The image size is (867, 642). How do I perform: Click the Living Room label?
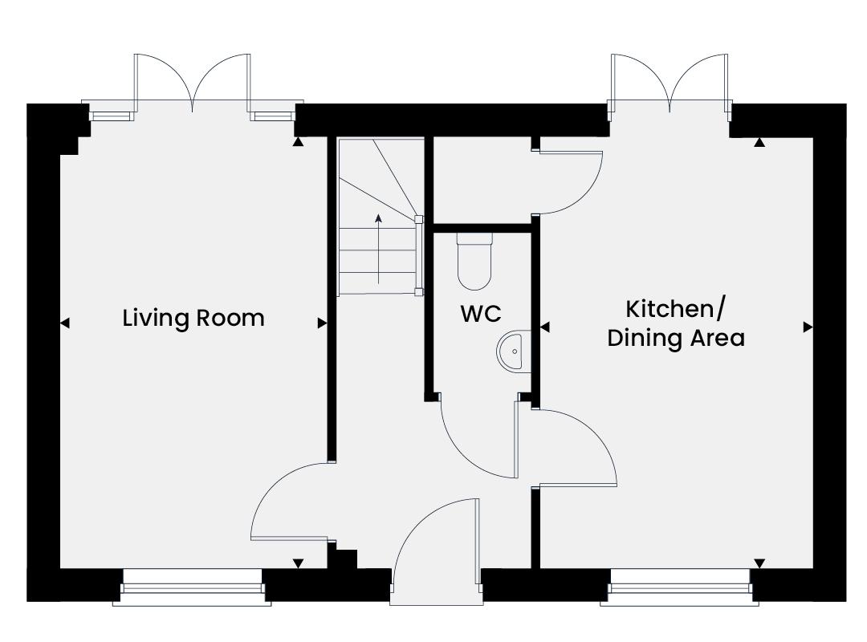193,319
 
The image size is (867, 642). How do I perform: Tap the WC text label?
481,314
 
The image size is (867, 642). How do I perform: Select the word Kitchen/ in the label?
674,310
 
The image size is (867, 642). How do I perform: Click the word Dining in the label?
641,339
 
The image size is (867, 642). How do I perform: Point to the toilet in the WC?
474,261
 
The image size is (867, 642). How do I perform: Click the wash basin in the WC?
514,351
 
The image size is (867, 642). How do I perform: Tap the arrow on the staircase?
379,249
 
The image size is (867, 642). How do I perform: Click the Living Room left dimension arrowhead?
65,323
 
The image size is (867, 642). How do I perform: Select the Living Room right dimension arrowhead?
322,323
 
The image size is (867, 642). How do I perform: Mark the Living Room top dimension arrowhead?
298,142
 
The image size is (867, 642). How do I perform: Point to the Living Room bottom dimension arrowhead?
298,563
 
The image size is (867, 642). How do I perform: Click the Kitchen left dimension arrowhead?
544,327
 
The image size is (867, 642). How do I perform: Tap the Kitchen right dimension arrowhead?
808,327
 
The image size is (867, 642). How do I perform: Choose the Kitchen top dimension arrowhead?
759,142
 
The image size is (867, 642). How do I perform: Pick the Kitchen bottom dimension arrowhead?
759,563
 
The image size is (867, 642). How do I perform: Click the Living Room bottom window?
192,587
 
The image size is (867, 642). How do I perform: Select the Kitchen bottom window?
680,587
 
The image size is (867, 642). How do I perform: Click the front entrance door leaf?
477,541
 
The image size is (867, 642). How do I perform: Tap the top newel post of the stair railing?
419,220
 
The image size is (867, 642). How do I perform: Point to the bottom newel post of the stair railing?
419,291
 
